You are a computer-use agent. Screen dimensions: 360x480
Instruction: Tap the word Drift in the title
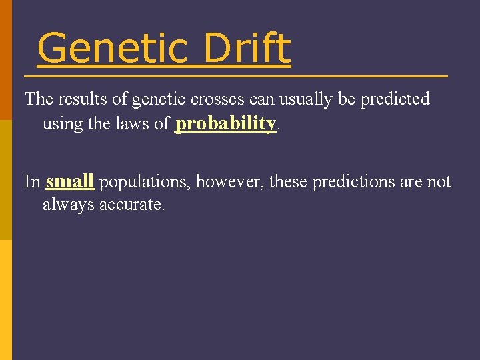(247, 49)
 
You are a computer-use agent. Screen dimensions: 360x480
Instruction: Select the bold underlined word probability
(225, 124)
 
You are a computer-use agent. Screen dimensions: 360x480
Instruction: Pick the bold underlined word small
(69, 181)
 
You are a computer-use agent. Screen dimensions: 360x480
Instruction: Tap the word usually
(300, 99)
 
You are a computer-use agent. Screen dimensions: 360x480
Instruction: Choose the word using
(62, 124)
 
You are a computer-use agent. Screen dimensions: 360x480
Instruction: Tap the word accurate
(131, 205)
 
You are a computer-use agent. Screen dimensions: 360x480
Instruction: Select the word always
(69, 205)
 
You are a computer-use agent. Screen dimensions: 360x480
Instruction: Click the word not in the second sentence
(439, 182)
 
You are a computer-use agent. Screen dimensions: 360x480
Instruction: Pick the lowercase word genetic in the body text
(155, 99)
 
